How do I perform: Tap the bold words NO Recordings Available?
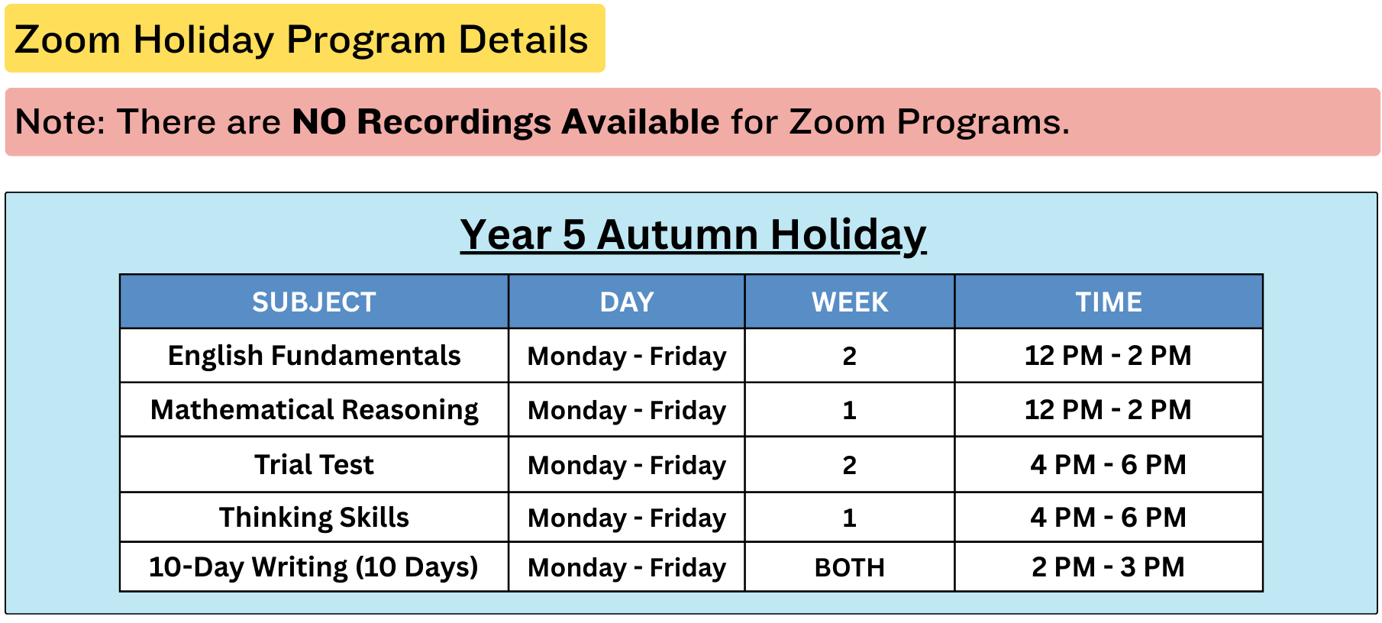point(505,122)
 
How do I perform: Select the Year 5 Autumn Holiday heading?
point(693,234)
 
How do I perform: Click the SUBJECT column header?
point(314,302)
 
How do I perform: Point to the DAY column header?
point(627,302)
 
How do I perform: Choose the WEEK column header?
point(850,302)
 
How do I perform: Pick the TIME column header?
point(1109,302)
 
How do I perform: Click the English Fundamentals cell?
point(314,356)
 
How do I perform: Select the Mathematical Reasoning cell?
point(314,410)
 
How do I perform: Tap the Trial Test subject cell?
point(314,464)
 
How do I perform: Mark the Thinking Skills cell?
point(314,518)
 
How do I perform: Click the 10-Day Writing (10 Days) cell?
point(314,567)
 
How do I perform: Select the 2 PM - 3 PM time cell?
point(1109,567)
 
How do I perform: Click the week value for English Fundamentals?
point(850,356)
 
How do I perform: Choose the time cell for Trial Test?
point(1109,464)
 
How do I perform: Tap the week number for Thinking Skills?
point(850,518)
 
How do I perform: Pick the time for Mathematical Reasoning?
point(1109,410)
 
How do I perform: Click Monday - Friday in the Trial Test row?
point(627,465)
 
